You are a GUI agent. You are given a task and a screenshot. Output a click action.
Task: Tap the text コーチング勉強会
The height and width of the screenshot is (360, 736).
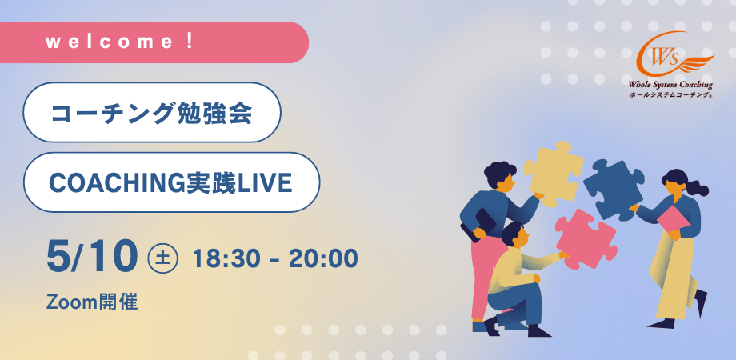pyautogui.click(x=151, y=113)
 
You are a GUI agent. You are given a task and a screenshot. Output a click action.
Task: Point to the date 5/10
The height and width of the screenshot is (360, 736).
pyautogui.click(x=91, y=256)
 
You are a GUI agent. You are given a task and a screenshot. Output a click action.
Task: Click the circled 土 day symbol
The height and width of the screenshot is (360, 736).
pyautogui.click(x=163, y=258)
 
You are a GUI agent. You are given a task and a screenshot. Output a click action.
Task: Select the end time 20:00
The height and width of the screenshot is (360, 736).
pyautogui.click(x=322, y=258)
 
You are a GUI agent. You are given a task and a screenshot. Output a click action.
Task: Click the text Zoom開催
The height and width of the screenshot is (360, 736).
pyautogui.click(x=92, y=302)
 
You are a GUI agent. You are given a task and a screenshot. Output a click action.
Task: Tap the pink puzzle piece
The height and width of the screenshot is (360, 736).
pyautogui.click(x=585, y=238)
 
